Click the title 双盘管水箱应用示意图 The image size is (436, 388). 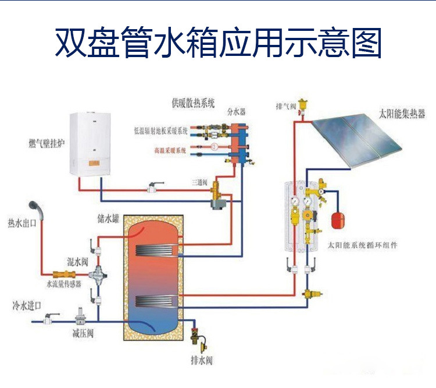[x=218, y=42]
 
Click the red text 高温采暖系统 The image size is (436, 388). [x=170, y=151]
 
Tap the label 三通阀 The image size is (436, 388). [x=200, y=182]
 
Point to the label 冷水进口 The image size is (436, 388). [x=24, y=305]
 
